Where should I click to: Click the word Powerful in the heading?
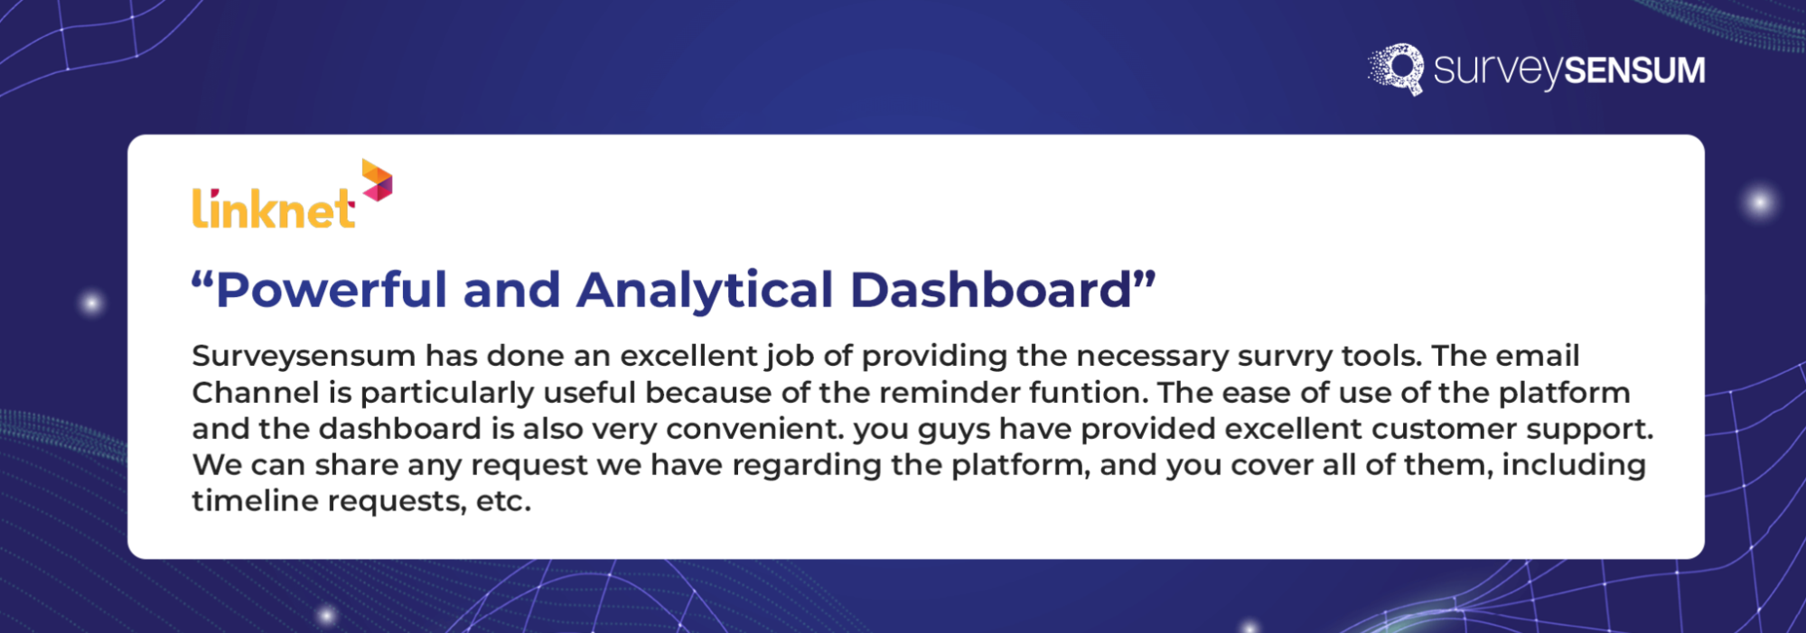331,291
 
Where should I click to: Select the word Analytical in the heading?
704,291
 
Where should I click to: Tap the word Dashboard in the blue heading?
991,291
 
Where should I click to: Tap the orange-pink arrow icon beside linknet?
377,181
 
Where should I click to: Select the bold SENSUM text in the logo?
1634,70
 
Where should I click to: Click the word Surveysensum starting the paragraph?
303,357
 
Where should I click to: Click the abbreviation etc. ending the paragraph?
503,501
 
